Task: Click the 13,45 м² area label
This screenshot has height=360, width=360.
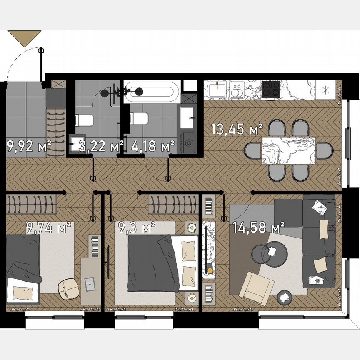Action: tap(237, 129)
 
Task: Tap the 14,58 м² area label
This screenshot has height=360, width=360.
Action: tap(259, 228)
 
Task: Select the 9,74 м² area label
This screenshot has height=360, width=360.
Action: tap(49, 227)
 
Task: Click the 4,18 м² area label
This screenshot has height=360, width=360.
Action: tap(152, 146)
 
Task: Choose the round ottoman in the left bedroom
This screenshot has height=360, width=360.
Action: tap(67, 288)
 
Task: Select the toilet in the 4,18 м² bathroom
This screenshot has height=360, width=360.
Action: tap(140, 118)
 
